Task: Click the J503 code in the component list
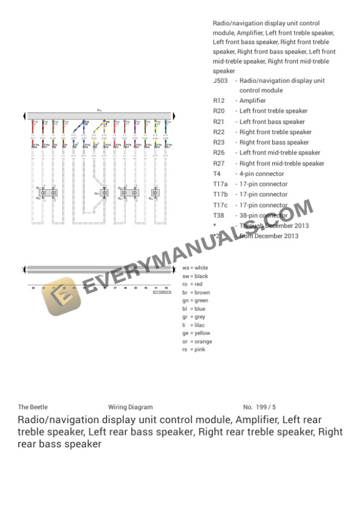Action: coord(220,81)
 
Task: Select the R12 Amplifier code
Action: coord(219,101)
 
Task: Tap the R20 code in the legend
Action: coord(219,111)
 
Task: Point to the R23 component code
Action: coord(219,142)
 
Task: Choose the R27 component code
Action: coord(219,163)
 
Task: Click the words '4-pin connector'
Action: coord(261,174)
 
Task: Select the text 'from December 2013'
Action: coord(268,236)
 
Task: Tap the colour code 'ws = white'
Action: coord(195,268)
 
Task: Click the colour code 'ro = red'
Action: coord(192,284)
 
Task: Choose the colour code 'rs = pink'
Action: coord(194,350)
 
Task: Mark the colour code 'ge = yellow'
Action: coord(196,333)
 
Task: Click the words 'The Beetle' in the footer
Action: coord(32,407)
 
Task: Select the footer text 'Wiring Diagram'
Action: coord(130,407)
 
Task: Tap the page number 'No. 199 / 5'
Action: coord(259,407)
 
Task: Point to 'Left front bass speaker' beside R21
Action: coord(272,122)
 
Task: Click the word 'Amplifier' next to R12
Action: coord(252,101)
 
